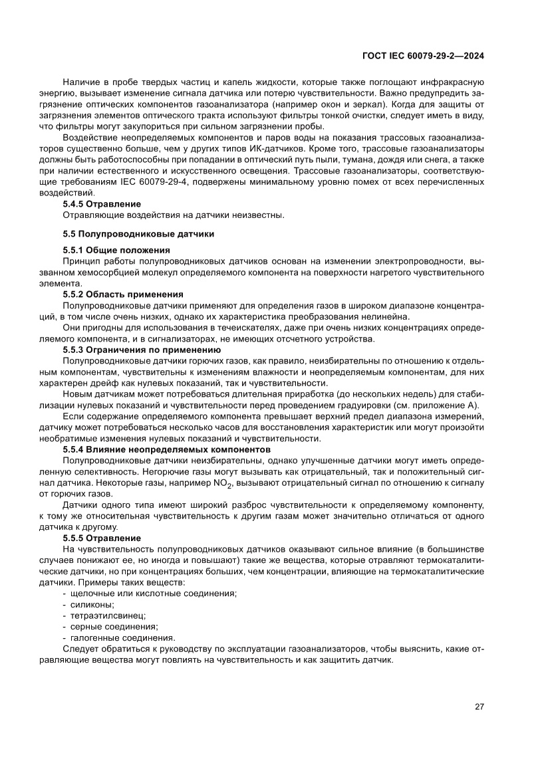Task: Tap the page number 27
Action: [x=479, y=707]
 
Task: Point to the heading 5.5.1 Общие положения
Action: [x=116, y=250]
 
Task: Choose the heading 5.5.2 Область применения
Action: [x=123, y=294]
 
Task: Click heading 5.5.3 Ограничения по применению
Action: [x=141, y=349]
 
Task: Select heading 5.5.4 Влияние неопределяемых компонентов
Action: [x=166, y=449]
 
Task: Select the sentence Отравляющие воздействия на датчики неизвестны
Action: [x=174, y=215]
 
